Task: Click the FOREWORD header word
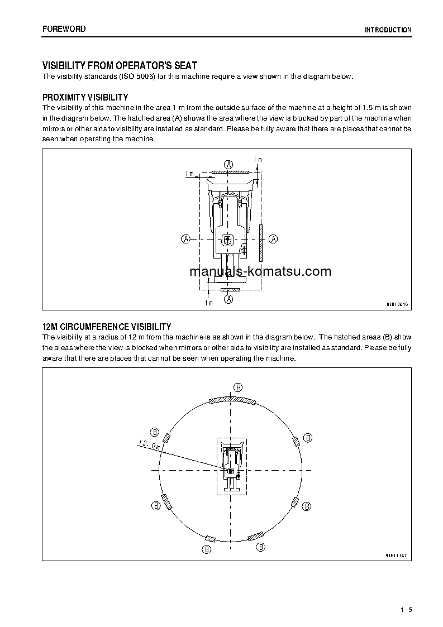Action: tap(64, 29)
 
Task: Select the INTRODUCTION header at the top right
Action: tap(388, 30)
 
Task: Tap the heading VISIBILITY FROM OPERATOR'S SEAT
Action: tap(120, 66)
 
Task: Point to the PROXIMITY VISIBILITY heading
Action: tap(85, 97)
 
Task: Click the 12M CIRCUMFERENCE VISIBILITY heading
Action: tap(107, 327)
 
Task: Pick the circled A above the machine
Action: tap(228, 164)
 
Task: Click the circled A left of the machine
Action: tap(185, 238)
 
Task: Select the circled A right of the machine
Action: tap(273, 238)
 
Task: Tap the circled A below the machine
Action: tap(228, 299)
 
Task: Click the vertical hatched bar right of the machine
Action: tap(261, 243)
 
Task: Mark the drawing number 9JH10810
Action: tap(397, 305)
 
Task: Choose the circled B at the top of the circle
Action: tap(237, 387)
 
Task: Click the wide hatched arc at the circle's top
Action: tap(231, 400)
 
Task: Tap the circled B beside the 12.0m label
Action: tap(155, 432)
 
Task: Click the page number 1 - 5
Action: tap(406, 610)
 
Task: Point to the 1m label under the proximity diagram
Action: tap(208, 303)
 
